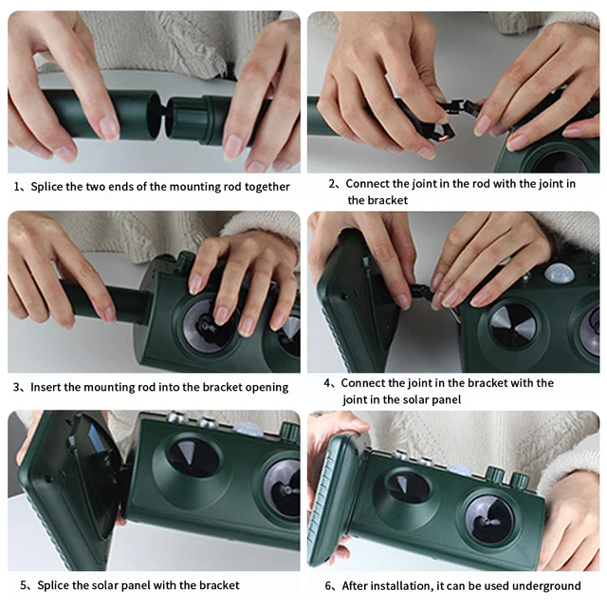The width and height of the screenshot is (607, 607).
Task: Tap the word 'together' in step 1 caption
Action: pos(267,187)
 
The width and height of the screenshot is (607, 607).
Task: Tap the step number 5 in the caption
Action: pos(24,585)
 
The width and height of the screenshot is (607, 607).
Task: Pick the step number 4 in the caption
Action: pos(327,383)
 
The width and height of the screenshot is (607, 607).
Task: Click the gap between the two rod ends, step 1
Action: pos(163,115)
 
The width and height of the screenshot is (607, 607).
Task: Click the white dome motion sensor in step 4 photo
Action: pos(560,272)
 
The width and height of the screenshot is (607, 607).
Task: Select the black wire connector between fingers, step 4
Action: pos(421,291)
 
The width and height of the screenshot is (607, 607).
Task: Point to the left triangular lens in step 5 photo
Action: pos(193,457)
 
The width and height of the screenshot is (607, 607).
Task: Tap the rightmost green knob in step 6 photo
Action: pos(519,480)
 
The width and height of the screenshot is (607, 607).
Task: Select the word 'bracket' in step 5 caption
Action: pos(219,585)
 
